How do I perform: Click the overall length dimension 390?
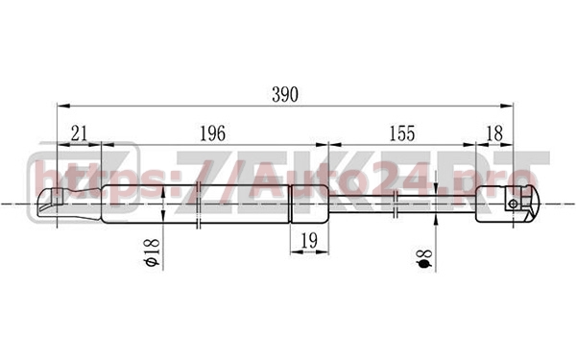coord(285,95)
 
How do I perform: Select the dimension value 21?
coord(79,133)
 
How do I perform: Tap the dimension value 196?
coord(212,133)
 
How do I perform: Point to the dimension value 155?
coord(402,133)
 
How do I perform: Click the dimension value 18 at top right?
coord(494,133)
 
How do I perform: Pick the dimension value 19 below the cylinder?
coord(309,241)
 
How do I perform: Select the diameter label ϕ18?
coord(152,252)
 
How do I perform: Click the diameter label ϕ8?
coord(424,258)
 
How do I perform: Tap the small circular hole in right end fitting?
coord(514,204)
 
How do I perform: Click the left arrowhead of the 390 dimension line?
coord(63,106)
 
